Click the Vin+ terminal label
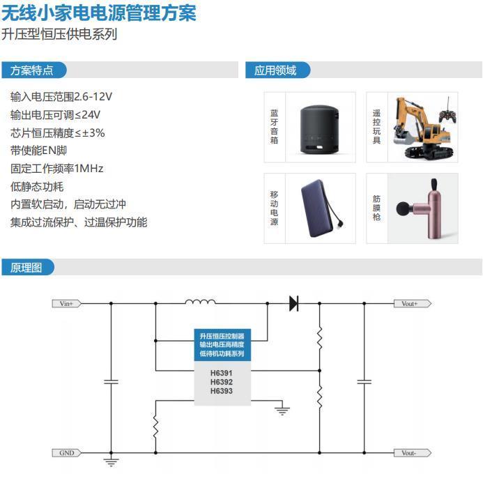click(x=67, y=303)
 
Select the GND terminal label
click(x=67, y=453)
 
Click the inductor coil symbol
click(x=199, y=302)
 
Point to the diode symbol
click(x=293, y=303)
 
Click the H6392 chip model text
click(x=222, y=382)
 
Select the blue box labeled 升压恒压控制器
click(x=222, y=345)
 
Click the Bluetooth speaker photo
click(x=320, y=128)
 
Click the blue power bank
click(x=321, y=208)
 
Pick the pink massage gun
click(x=421, y=207)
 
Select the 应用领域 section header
click(x=276, y=70)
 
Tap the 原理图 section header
click(x=26, y=268)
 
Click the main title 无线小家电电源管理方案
click(x=98, y=13)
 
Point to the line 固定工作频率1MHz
click(x=57, y=169)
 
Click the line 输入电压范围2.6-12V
click(x=61, y=96)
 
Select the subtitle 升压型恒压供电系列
click(x=59, y=34)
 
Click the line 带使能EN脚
click(x=39, y=151)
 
